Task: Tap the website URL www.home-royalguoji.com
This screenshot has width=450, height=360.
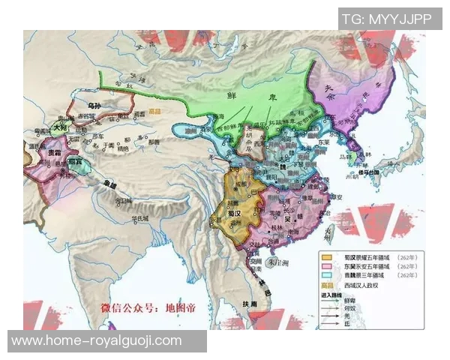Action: click(x=97, y=340)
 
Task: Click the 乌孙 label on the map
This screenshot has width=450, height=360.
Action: click(x=94, y=107)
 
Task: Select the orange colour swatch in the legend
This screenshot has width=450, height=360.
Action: click(x=326, y=256)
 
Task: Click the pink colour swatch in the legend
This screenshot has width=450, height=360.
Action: click(x=326, y=265)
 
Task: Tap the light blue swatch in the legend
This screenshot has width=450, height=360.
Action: click(x=326, y=275)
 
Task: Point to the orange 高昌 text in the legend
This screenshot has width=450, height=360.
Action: click(x=326, y=285)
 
